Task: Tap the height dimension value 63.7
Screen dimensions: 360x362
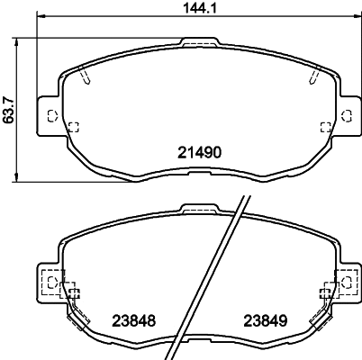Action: [x=8, y=109]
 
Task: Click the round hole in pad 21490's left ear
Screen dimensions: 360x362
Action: [x=50, y=114]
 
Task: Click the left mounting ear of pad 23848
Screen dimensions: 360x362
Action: [x=50, y=283]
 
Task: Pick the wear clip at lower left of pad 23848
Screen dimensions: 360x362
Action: [x=79, y=319]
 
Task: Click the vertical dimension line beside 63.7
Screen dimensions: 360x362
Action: [x=20, y=109]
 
